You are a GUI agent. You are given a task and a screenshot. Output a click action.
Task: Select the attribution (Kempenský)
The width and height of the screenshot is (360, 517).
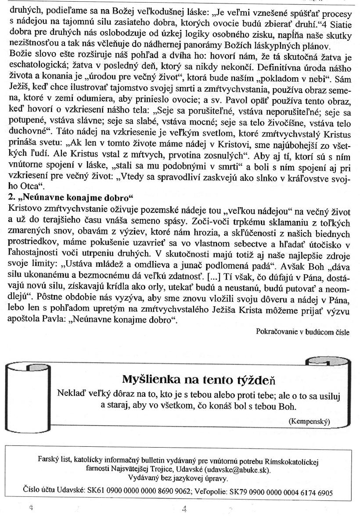[310, 421]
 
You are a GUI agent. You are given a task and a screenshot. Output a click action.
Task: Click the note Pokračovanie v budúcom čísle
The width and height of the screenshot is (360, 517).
[302, 332]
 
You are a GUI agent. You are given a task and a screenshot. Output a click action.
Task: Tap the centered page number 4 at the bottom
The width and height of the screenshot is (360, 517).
[184, 509]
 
